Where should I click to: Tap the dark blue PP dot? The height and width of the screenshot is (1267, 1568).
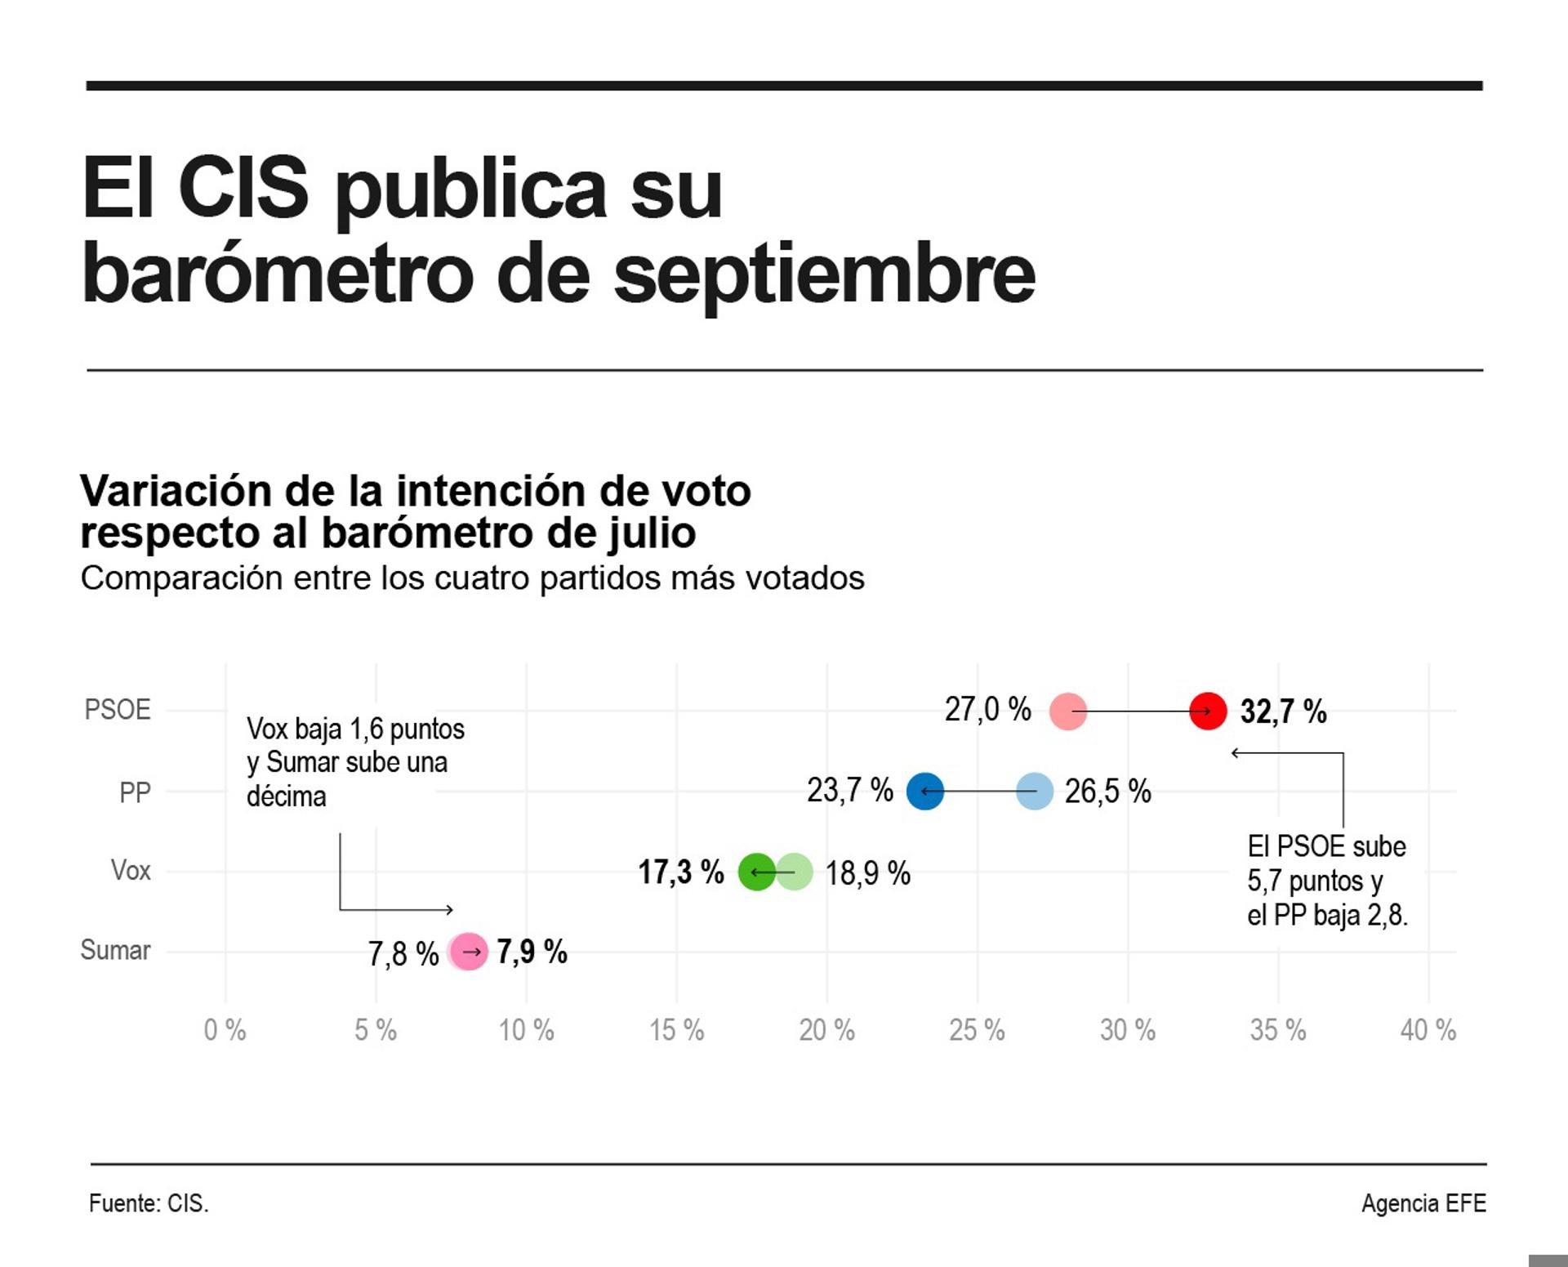point(924,792)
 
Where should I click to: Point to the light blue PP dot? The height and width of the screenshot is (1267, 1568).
point(1035,792)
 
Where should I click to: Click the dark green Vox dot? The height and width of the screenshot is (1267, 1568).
point(756,872)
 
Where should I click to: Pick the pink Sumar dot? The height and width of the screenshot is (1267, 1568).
point(469,952)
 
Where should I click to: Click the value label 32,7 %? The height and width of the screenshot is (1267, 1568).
point(1283,712)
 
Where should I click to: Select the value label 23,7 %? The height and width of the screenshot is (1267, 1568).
point(849,791)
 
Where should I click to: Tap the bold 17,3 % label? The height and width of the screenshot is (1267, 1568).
point(680,872)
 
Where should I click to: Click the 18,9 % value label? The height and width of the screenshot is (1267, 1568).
point(867,873)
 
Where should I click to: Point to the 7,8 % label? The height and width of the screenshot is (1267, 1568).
point(403,953)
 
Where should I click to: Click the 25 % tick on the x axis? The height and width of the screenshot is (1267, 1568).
point(977,1030)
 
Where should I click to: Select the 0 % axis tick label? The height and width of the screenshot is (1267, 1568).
point(225,1030)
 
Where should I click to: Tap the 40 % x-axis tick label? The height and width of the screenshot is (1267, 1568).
point(1428,1030)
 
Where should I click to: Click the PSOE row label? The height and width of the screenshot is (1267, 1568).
point(118,709)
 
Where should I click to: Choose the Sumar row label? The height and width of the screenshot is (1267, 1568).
point(115,950)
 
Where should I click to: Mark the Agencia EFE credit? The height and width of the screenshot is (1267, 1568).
point(1423,1203)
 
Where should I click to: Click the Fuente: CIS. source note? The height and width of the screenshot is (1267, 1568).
point(149,1203)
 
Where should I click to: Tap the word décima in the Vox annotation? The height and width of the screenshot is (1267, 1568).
point(286,796)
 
